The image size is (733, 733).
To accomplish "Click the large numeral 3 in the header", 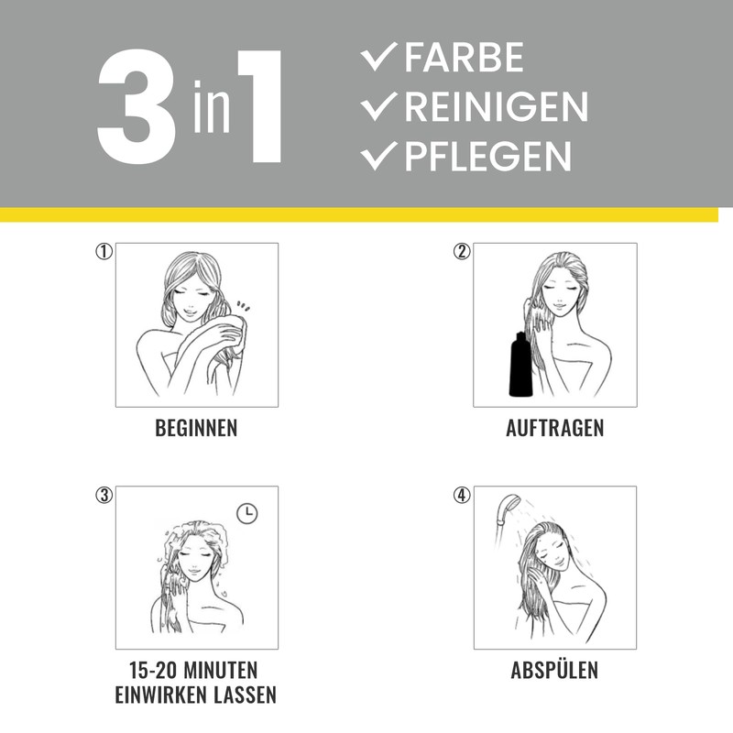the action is (137, 106).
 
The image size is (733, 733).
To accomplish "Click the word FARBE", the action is (464, 58).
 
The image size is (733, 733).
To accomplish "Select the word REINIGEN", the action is (496, 106).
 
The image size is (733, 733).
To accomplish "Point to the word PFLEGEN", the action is (488, 156).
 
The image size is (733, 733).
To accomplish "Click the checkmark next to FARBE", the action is (378, 57).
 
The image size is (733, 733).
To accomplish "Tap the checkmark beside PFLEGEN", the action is (378, 156).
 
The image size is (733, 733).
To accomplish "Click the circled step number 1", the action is (104, 251).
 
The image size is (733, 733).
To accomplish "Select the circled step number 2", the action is (462, 251).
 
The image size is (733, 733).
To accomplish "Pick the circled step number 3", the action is (104, 495).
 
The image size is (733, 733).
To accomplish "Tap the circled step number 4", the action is (462, 495).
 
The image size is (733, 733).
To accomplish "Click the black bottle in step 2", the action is (520, 364).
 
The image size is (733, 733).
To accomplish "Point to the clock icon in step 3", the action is (246, 513).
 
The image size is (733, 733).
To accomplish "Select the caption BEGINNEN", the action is (196, 428).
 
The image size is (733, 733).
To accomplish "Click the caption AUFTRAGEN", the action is (555, 428).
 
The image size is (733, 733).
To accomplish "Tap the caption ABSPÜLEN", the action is (554, 669).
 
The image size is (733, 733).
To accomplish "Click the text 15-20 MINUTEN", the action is (193, 671).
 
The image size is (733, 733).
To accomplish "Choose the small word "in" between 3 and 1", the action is (212, 107).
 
